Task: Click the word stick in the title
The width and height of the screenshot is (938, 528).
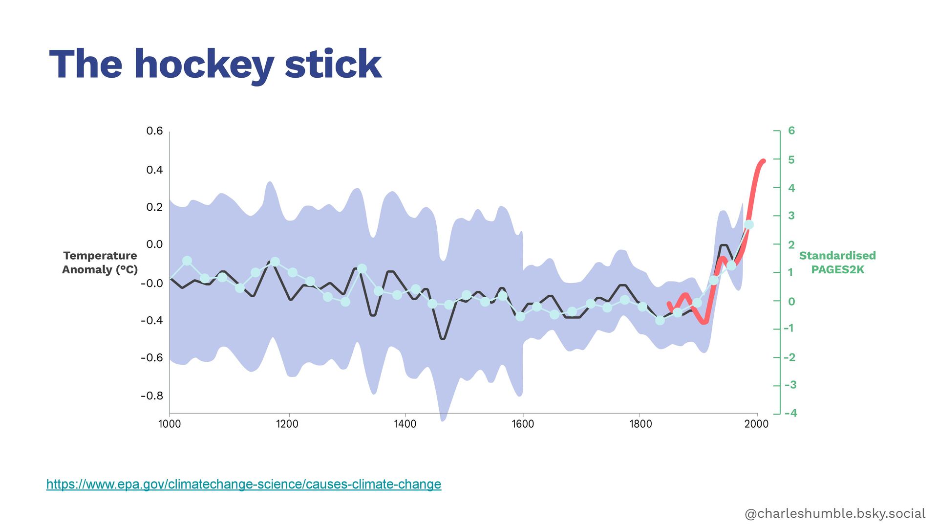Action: click(x=333, y=65)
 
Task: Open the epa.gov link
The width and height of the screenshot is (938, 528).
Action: click(x=244, y=484)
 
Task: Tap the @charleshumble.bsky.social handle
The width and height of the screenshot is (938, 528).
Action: click(x=834, y=513)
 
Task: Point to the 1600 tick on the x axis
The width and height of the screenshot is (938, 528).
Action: click(x=523, y=424)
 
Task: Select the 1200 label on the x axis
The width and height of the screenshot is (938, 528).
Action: click(x=287, y=424)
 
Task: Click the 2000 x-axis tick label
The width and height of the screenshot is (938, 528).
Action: click(x=756, y=424)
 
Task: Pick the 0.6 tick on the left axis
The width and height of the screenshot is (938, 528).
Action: click(x=154, y=131)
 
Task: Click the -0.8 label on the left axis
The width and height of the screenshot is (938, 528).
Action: click(x=152, y=396)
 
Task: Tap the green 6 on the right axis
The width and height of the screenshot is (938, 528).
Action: click(x=791, y=131)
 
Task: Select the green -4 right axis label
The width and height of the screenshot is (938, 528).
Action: click(x=790, y=413)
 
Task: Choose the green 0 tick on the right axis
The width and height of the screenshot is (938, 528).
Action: click(x=791, y=302)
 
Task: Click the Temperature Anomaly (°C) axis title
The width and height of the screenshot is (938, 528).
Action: click(x=100, y=263)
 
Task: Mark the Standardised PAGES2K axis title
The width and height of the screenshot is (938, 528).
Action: click(x=837, y=263)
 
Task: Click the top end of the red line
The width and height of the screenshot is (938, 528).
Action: click(x=763, y=160)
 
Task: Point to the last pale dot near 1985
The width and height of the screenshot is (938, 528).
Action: click(x=749, y=225)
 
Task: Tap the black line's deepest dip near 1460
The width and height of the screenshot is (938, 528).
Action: click(x=443, y=338)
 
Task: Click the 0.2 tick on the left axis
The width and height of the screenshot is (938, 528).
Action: click(x=154, y=207)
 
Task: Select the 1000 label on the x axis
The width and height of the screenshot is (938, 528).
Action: click(x=170, y=424)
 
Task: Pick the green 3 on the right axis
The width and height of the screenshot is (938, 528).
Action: click(x=791, y=216)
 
